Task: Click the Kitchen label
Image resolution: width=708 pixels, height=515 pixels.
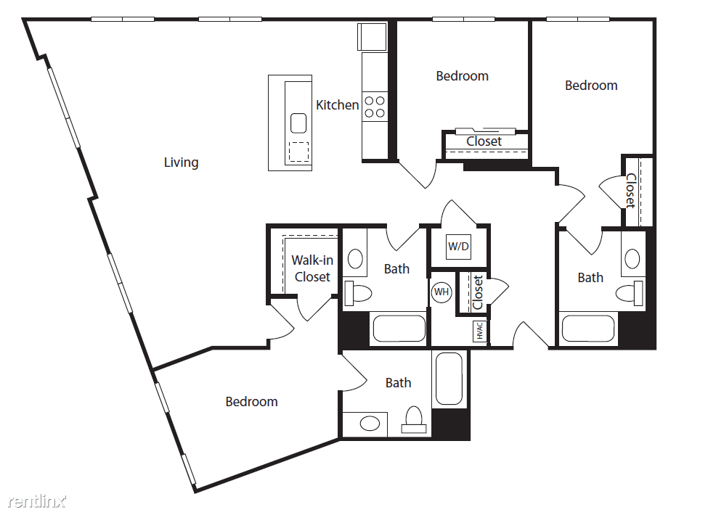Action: (337, 105)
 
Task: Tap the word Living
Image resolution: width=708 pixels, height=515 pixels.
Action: (181, 162)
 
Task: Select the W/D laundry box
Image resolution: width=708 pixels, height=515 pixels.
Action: (458, 246)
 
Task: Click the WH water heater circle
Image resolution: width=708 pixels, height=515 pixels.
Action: (442, 292)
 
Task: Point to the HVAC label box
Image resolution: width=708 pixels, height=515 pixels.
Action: (479, 331)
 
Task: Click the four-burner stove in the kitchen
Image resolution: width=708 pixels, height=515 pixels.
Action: (375, 107)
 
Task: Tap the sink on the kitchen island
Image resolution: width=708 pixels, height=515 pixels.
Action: (298, 123)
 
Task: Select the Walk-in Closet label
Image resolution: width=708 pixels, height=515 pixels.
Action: (312, 268)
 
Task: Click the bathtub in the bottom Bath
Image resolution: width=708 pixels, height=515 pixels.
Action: (449, 379)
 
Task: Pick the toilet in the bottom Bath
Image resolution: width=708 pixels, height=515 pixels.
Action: (414, 420)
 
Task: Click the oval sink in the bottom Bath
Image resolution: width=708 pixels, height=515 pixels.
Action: (370, 424)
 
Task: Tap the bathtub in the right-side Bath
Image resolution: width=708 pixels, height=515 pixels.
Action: (588, 329)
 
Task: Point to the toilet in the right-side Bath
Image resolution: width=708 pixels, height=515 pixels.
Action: (630, 293)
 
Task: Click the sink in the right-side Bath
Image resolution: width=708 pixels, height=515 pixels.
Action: (632, 259)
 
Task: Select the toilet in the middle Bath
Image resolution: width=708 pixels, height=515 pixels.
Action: (357, 293)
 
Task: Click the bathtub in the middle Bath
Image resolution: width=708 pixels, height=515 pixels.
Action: (399, 329)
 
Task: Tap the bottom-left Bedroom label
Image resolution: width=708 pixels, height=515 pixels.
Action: (251, 401)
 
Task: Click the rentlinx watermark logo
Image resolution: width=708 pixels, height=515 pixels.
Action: (37, 500)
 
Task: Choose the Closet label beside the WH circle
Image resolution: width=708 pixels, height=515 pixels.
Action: (478, 292)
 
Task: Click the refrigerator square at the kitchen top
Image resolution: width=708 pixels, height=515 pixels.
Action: (372, 36)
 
